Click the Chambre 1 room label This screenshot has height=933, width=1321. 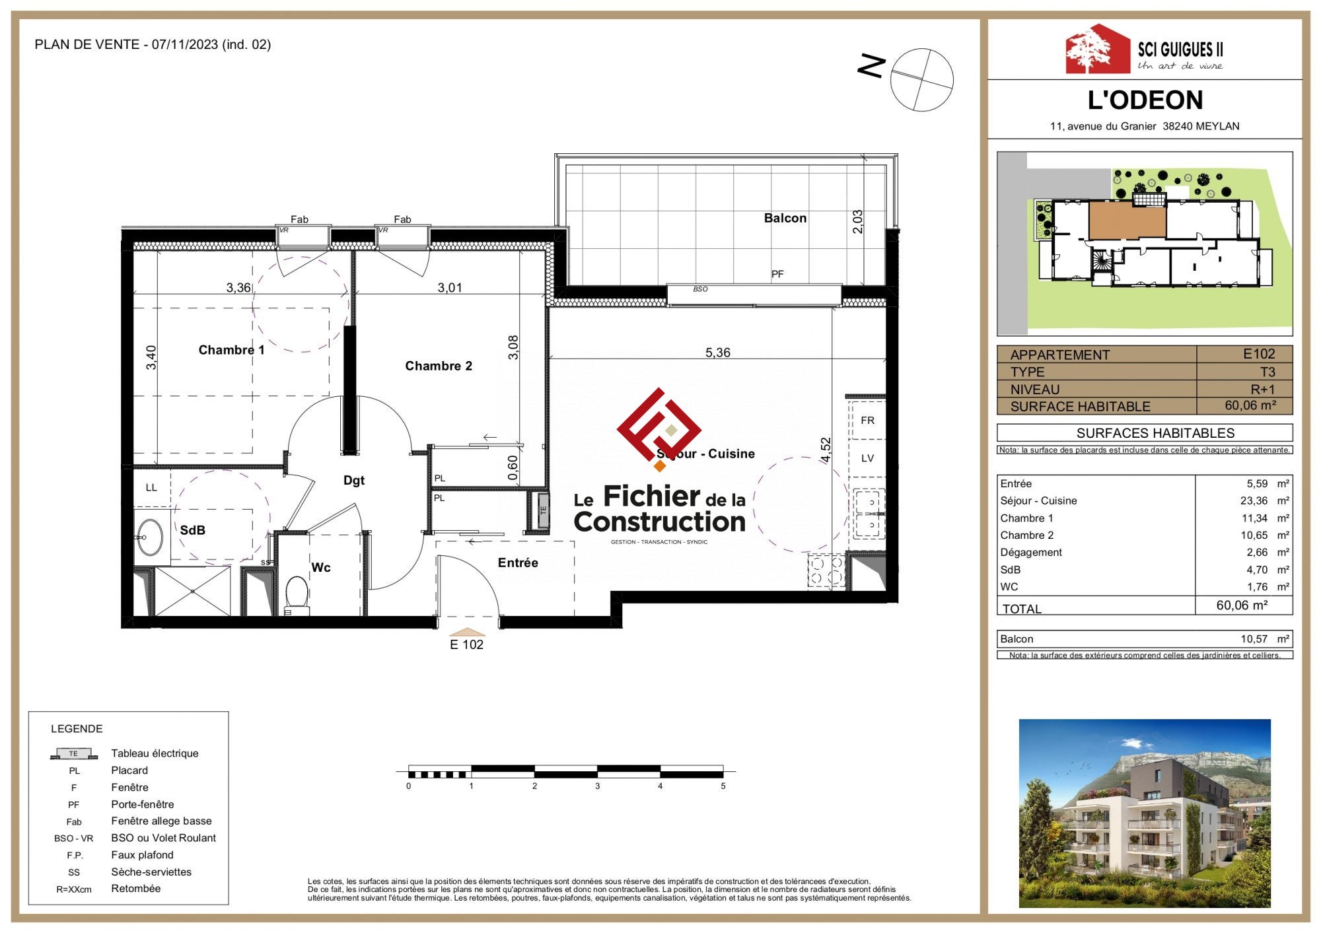tap(231, 350)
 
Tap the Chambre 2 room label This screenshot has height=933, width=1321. tap(439, 366)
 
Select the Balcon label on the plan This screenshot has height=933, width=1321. tap(785, 218)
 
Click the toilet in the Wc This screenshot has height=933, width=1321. tap(297, 595)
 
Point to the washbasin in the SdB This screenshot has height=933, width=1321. tap(150, 537)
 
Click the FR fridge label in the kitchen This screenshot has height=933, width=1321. tap(867, 420)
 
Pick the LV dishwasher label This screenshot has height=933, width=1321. tap(867, 458)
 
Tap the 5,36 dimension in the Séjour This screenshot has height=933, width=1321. tap(718, 353)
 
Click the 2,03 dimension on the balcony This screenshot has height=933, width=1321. tap(857, 222)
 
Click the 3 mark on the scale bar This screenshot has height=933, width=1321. tap(597, 786)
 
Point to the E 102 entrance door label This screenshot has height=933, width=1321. tap(466, 644)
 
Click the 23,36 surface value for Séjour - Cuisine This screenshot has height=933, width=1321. tap(1254, 501)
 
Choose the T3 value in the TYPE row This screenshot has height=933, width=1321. tap(1267, 372)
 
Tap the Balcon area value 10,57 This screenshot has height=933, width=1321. tap(1254, 639)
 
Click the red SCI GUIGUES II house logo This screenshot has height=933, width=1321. tap(1098, 49)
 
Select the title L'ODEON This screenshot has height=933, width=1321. tap(1145, 100)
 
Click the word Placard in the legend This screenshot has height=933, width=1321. tap(129, 770)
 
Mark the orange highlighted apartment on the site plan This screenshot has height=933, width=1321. tap(1127, 221)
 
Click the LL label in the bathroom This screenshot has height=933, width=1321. tap(151, 487)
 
